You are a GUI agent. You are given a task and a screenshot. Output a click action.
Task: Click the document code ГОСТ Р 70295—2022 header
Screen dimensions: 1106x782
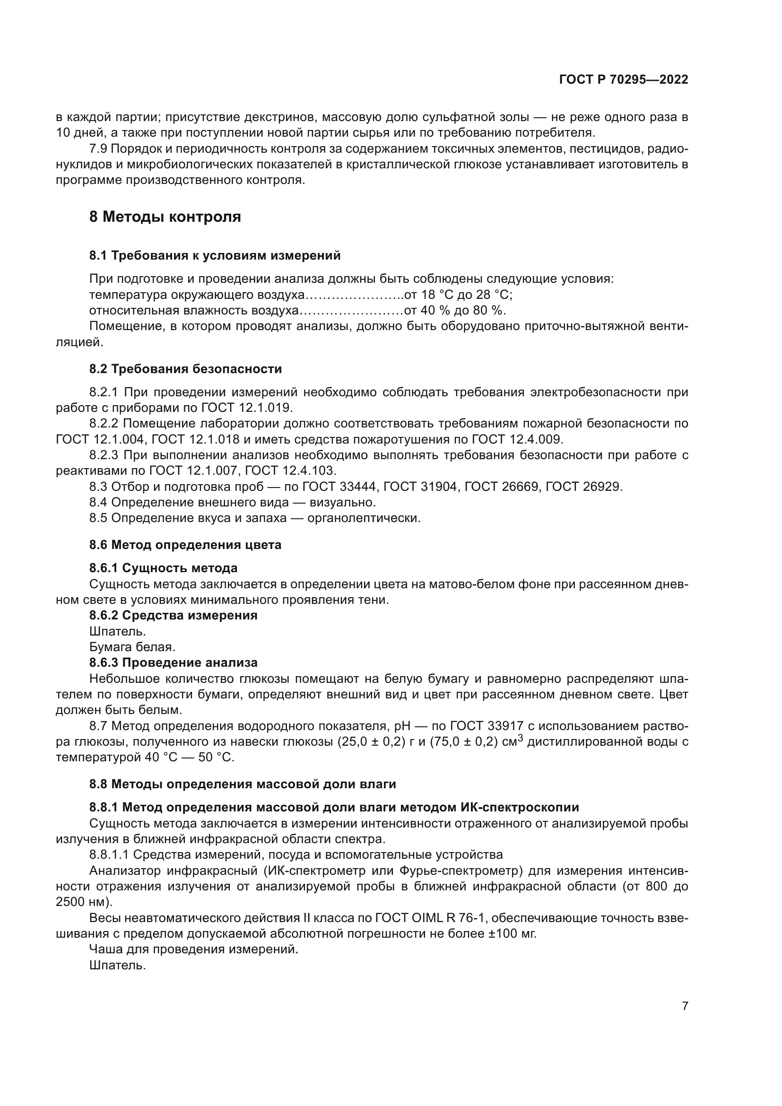pos(624,79)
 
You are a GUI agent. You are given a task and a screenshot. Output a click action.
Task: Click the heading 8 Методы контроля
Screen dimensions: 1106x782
pos(165,217)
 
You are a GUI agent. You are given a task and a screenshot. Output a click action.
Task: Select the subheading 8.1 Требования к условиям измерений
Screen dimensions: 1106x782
pos(215,255)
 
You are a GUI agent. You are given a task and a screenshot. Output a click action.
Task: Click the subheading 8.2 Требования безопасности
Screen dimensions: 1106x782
pos(185,369)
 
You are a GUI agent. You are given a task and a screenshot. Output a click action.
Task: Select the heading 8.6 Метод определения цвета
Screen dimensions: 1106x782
pos(185,545)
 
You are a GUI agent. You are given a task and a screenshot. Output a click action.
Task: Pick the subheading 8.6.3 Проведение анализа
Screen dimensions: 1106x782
pos(174,663)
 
